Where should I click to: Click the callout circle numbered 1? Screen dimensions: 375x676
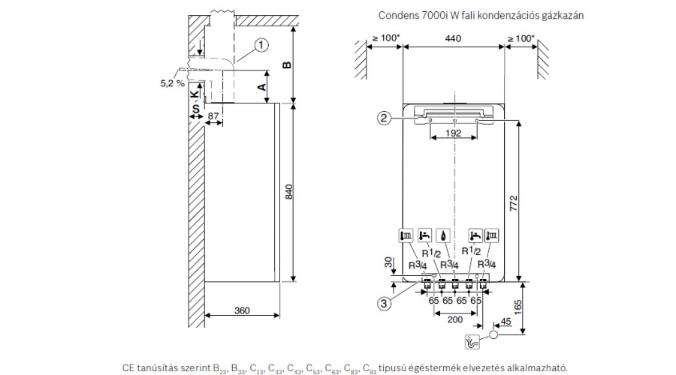tap(261, 44)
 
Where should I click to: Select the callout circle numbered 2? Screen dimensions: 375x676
tap(383, 117)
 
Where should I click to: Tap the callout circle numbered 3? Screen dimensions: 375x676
tap(383, 304)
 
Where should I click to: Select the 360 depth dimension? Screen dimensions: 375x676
tap(241, 310)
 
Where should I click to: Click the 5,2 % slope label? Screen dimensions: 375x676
tap(172, 83)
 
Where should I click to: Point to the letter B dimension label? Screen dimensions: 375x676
tap(286, 65)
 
